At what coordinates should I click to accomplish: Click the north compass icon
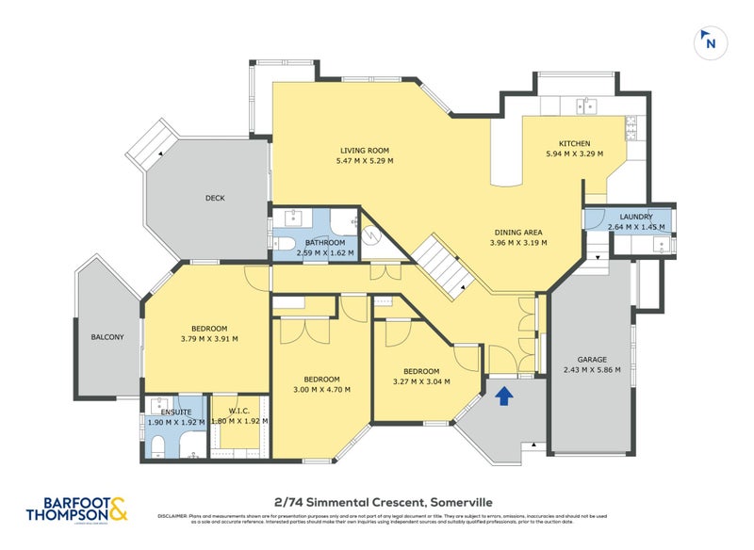pos(710,41)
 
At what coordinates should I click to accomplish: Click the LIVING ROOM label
pos(365,150)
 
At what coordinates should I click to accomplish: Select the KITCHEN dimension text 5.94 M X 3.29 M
pos(574,154)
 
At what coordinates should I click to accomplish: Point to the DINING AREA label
pos(517,232)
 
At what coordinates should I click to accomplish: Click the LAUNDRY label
pos(636,217)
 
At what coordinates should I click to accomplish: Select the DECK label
pos(215,198)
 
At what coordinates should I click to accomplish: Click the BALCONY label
pos(107,337)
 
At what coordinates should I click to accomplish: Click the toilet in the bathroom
pos(287,246)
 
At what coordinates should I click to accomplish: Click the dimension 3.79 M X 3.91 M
pos(209,339)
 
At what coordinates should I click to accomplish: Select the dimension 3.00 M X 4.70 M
pos(320,389)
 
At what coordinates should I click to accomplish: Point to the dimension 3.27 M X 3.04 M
pos(421,381)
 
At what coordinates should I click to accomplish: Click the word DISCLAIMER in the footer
pos(173,516)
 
